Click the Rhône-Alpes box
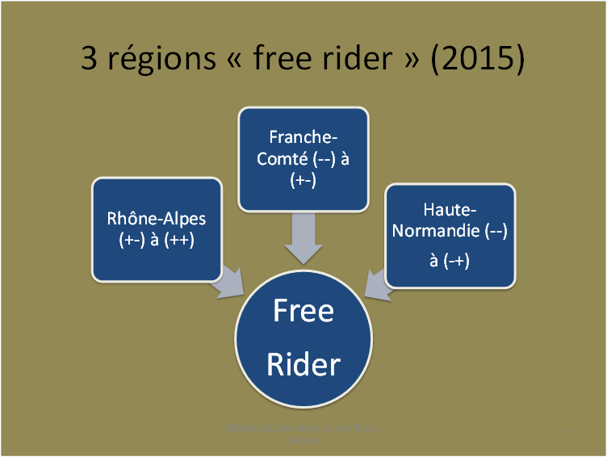[157, 229]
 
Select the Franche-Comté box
[303, 158]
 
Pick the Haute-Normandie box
[450, 235]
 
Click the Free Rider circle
[303, 339]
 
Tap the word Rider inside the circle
[303, 364]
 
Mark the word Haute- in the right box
[449, 211]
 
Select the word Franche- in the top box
[303, 138]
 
